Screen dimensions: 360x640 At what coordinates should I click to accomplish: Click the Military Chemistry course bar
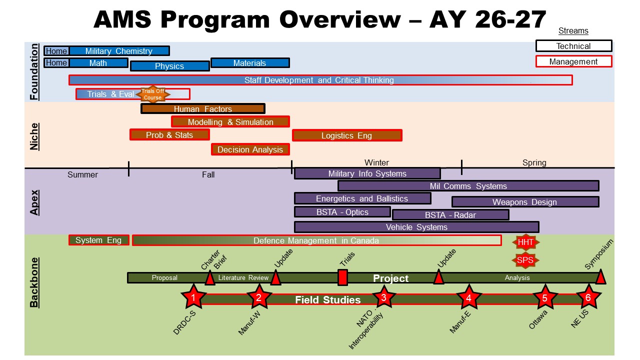pos(119,51)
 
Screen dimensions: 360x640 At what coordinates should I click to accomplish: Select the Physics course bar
pos(169,66)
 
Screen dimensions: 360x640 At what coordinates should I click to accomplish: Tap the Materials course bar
pos(250,63)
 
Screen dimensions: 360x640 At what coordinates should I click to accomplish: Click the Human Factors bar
pos(203,109)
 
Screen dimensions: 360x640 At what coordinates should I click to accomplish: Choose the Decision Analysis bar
pos(250,149)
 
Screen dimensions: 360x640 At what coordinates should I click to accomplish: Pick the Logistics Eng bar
pos(347,135)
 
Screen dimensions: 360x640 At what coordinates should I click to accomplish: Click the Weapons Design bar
pos(525,202)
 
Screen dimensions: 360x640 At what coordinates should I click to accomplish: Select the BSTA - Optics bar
pos(342,212)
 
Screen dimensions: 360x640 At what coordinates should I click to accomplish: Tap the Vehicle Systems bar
pos(416,227)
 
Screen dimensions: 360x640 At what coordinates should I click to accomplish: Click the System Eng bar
pos(98,240)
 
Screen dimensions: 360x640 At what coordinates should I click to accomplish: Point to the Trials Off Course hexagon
pos(152,94)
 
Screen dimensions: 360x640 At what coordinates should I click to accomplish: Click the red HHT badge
pos(525,242)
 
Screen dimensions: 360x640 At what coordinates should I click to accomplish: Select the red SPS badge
pos(525,260)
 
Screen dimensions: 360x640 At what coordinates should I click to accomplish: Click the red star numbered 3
pos(383,297)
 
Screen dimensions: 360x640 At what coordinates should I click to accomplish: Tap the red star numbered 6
pos(588,297)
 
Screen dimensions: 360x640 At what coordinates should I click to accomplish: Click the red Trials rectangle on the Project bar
pos(342,277)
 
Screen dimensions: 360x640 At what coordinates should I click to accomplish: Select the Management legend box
pos(573,61)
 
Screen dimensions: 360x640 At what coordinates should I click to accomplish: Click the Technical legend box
pos(573,46)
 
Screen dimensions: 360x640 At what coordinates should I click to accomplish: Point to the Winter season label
pos(376,162)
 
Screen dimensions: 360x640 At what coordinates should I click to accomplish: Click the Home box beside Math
pos(56,63)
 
